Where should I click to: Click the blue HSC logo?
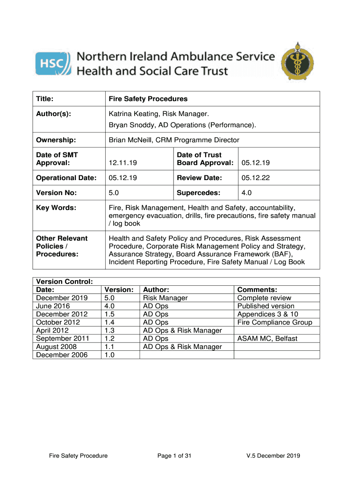click(53, 64)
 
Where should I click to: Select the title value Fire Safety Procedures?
click(148, 99)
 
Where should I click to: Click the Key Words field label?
click(57, 208)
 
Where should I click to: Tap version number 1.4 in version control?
click(110, 322)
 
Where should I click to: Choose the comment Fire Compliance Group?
click(274, 322)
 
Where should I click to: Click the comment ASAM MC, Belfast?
click(267, 339)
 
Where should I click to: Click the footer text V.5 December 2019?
click(274, 456)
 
